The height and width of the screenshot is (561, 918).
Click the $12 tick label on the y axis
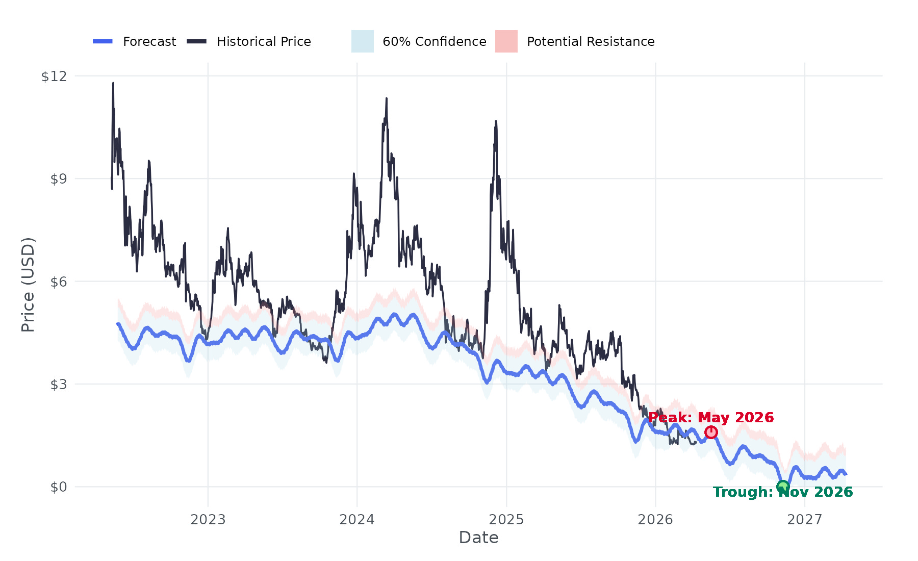pyautogui.click(x=54, y=76)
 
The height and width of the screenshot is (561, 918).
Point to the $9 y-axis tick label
pyautogui.click(x=58, y=179)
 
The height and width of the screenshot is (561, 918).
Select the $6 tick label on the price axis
pyautogui.click(x=58, y=282)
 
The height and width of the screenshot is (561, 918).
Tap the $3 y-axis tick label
pyautogui.click(x=58, y=384)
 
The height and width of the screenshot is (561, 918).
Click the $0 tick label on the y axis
pyautogui.click(x=58, y=487)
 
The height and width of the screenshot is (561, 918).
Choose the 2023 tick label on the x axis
pyautogui.click(x=208, y=520)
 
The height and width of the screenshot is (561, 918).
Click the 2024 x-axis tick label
pyautogui.click(x=357, y=520)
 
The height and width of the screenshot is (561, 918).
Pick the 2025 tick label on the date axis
pyautogui.click(x=506, y=520)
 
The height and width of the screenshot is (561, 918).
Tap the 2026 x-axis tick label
pyautogui.click(x=655, y=520)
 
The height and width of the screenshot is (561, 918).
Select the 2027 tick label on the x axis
pyautogui.click(x=805, y=520)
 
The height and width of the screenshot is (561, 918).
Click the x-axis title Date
pyautogui.click(x=478, y=538)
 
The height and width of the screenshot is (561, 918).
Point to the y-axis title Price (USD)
pyautogui.click(x=28, y=285)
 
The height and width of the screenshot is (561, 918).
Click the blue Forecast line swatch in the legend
pyautogui.click(x=103, y=41)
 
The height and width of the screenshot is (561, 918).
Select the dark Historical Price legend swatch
pyautogui.click(x=196, y=41)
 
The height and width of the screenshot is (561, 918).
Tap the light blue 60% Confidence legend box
pyautogui.click(x=363, y=41)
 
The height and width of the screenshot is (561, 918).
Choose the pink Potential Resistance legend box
pyautogui.click(x=506, y=41)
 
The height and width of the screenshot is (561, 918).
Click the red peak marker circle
pyautogui.click(x=711, y=432)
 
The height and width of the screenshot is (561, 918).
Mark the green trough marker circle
pyautogui.click(x=783, y=487)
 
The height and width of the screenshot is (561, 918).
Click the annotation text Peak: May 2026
pyautogui.click(x=711, y=418)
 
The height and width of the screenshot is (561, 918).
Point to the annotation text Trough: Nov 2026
pyautogui.click(x=783, y=492)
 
